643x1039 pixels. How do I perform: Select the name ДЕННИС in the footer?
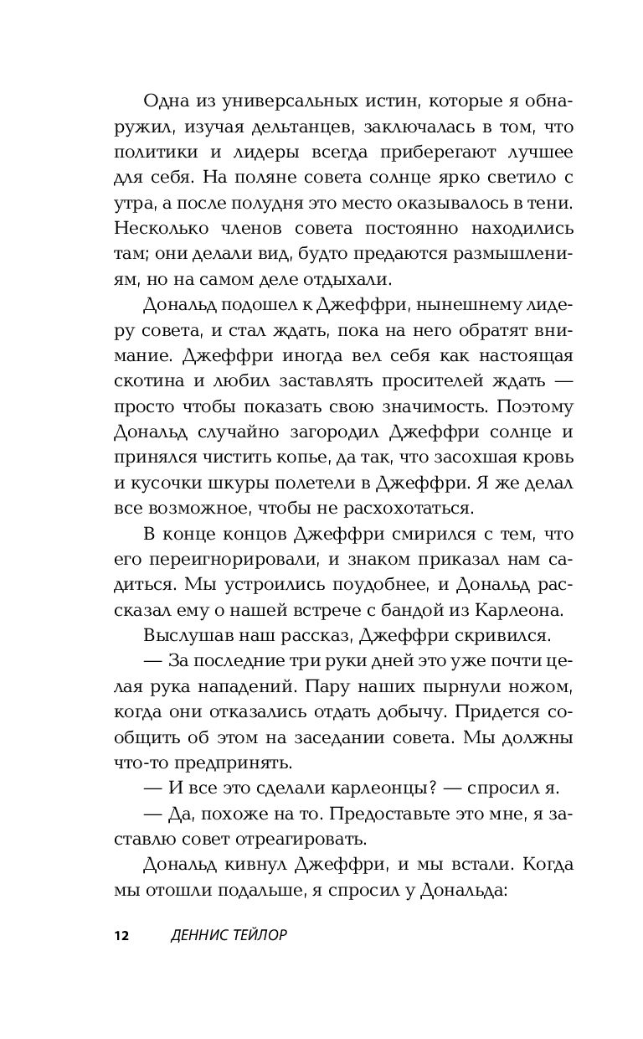(195, 935)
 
